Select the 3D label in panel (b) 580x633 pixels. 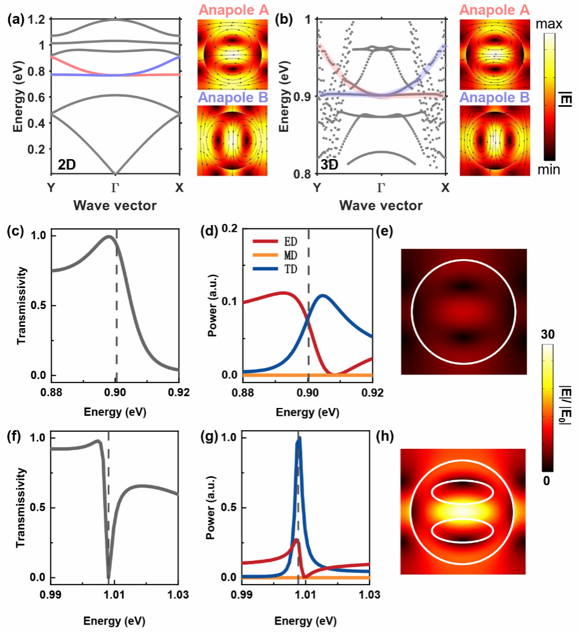[x=331, y=166]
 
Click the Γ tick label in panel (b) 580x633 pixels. [x=380, y=188]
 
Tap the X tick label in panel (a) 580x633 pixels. [x=179, y=188]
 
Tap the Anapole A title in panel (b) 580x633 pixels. [x=494, y=10]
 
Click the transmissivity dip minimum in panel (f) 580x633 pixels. [x=108, y=577]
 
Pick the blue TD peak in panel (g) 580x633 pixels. [x=299, y=438]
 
